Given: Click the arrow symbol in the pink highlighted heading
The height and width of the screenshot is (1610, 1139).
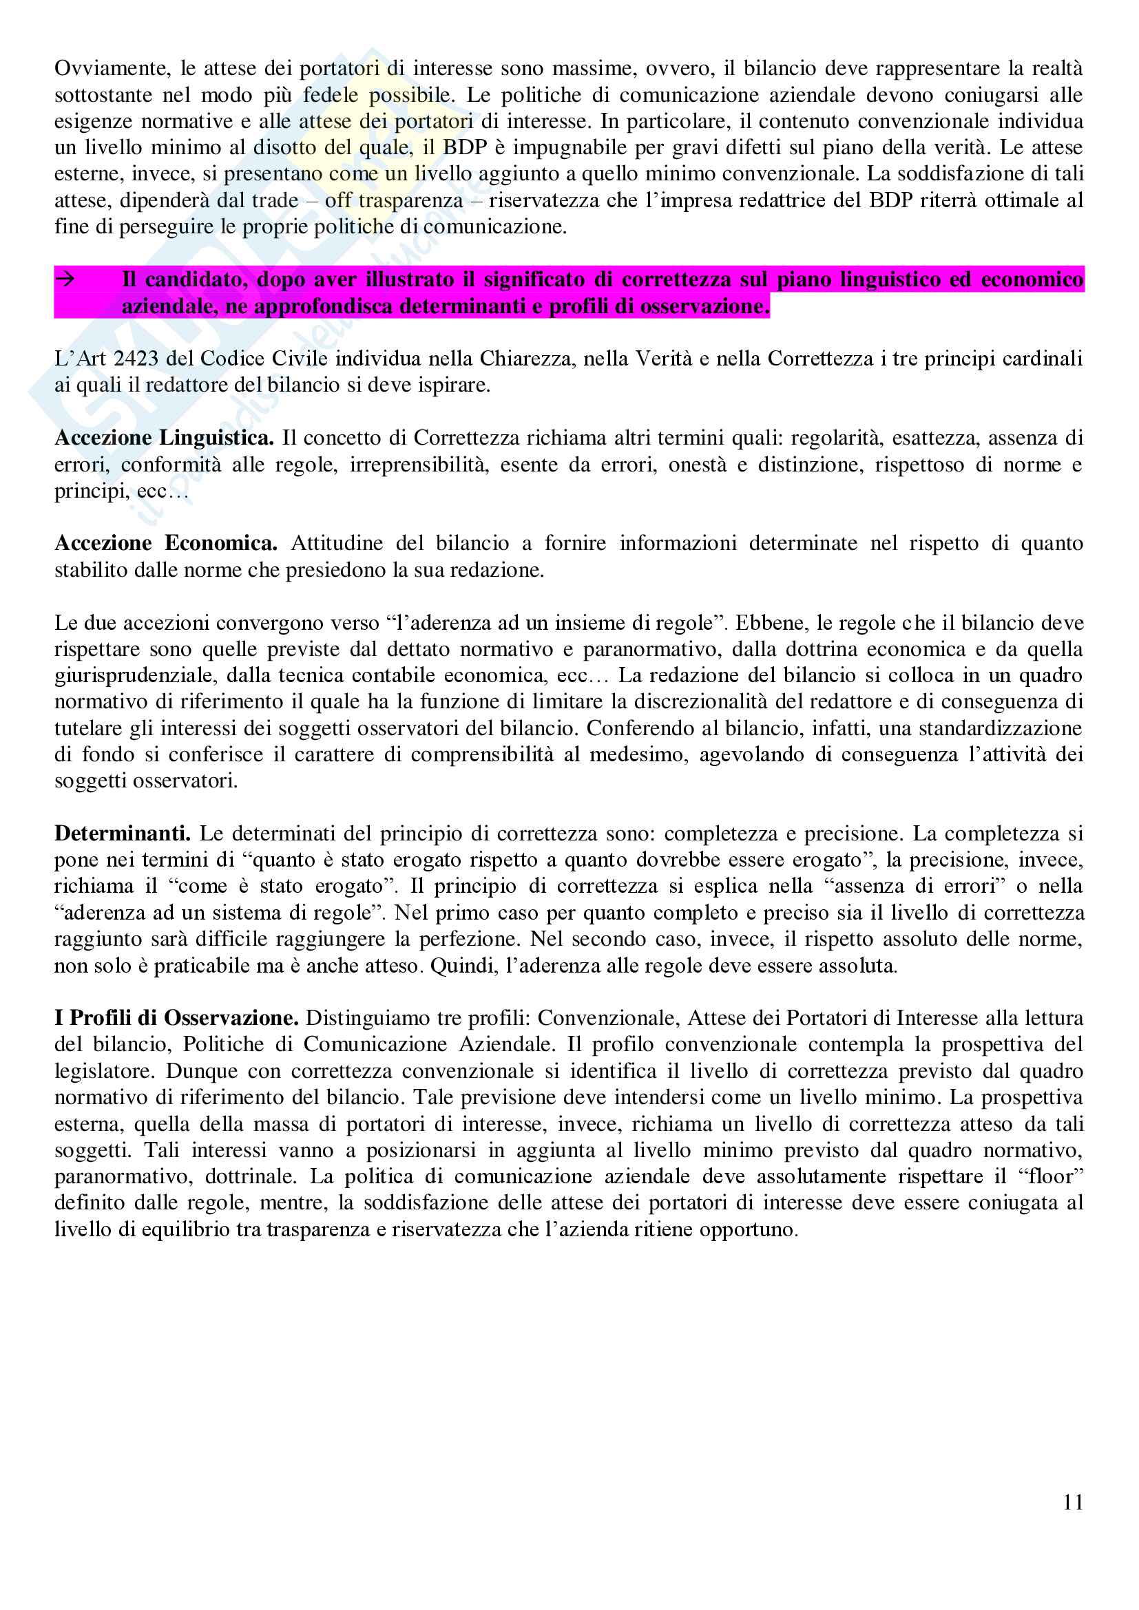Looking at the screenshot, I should click(x=65, y=279).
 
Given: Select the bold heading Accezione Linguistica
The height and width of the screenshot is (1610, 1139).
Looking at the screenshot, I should click(x=164, y=438).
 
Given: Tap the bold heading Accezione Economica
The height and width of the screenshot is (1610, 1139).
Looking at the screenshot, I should click(x=165, y=542).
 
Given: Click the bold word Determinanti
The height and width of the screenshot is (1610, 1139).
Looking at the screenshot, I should click(x=122, y=833).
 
